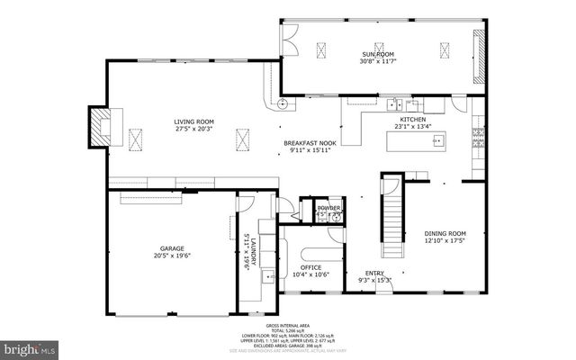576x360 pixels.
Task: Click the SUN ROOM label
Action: pos(378,55)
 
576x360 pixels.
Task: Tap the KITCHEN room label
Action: pos(413,119)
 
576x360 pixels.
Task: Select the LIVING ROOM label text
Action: pos(193,121)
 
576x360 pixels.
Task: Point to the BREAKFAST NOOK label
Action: pos(310,143)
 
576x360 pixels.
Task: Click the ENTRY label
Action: pos(375,273)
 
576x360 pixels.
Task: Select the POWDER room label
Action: pos(328,208)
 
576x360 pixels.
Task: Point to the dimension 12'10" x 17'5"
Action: pos(445,240)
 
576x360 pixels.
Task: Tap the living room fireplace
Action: pos(100,125)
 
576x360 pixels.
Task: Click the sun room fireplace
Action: pos(479,54)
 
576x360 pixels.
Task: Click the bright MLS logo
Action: pos(31,346)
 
